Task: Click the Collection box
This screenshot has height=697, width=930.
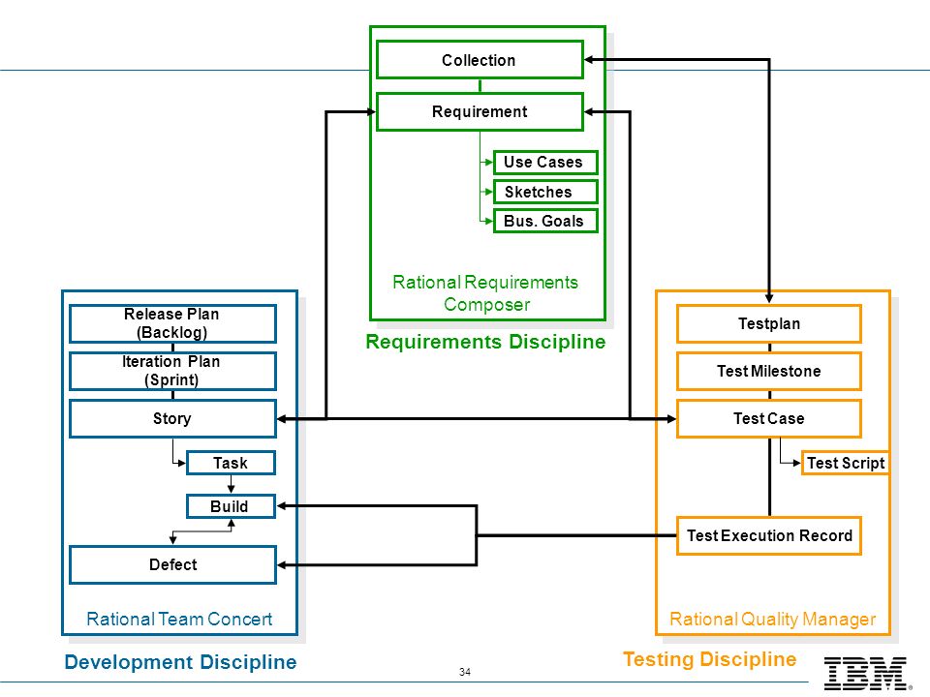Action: click(x=480, y=60)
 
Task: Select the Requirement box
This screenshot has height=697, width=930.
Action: click(x=480, y=111)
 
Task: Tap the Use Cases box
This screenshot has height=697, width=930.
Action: click(x=545, y=163)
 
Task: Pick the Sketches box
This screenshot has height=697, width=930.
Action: click(x=545, y=192)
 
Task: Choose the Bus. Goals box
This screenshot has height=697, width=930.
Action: click(x=545, y=221)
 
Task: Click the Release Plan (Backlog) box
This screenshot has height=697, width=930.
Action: click(x=172, y=323)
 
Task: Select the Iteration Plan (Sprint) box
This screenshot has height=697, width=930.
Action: click(x=172, y=371)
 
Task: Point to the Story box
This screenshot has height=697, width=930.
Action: click(x=172, y=418)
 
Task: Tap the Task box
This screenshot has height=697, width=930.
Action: click(x=231, y=463)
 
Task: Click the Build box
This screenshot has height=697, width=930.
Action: click(x=231, y=506)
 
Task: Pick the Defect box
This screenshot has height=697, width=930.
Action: click(x=172, y=564)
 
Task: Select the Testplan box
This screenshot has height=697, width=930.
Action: click(x=769, y=323)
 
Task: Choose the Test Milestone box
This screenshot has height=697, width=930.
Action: click(x=769, y=371)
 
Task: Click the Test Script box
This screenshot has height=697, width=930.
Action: click(x=845, y=463)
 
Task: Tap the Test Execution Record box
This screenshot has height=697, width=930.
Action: click(x=769, y=535)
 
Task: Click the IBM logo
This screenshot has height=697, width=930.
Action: click(x=866, y=674)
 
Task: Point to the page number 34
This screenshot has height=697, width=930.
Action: click(x=465, y=672)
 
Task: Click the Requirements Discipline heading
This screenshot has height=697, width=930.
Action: click(x=485, y=342)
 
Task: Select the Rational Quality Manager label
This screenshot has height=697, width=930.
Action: click(x=773, y=620)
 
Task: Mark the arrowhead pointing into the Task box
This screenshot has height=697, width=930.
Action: click(x=181, y=463)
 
